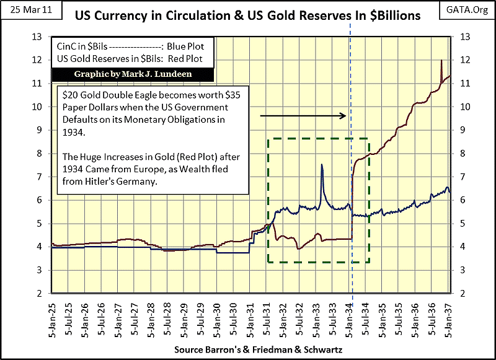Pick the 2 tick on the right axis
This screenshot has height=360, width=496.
[x=459, y=293]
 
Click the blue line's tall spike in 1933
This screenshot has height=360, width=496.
[x=322, y=165]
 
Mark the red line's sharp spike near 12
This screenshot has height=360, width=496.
[x=441, y=61]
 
